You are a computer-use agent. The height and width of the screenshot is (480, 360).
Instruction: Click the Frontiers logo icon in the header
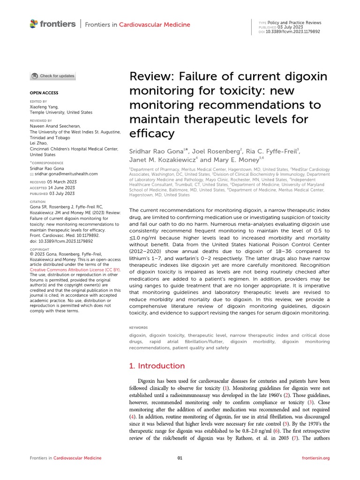(33, 23)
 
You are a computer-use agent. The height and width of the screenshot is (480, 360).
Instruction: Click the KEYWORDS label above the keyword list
(138, 328)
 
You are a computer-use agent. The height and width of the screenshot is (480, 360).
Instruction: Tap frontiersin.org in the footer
(316, 457)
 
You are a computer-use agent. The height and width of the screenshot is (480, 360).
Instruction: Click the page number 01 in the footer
(180, 457)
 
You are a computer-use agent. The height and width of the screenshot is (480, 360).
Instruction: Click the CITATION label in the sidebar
(38, 201)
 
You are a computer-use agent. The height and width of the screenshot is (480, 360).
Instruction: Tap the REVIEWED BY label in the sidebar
(41, 120)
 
